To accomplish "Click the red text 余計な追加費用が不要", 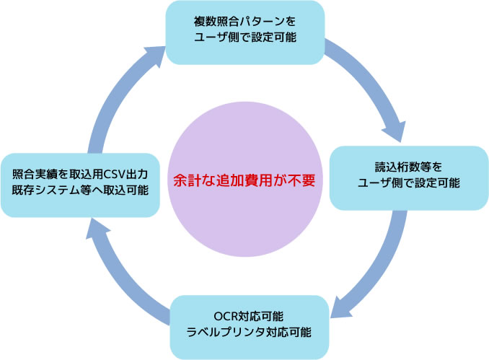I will click(244, 180).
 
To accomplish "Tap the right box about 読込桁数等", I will click(409, 177).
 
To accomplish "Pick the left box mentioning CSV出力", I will click(80, 184).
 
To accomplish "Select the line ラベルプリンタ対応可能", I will click(250, 333).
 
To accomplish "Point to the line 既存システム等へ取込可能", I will click(80, 192).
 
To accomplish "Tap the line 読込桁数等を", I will click(409, 166).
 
